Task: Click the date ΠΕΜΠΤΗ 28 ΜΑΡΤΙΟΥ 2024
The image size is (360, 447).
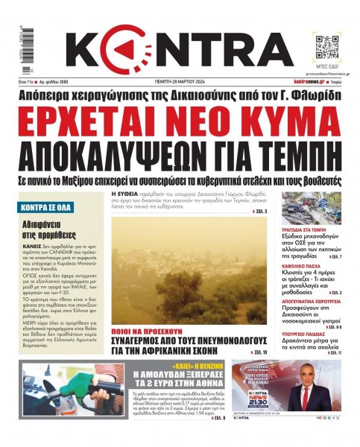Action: [179, 81]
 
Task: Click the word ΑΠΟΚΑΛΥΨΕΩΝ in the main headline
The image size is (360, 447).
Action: [130, 154]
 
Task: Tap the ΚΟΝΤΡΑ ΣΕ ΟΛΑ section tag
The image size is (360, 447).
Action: [49, 203]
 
